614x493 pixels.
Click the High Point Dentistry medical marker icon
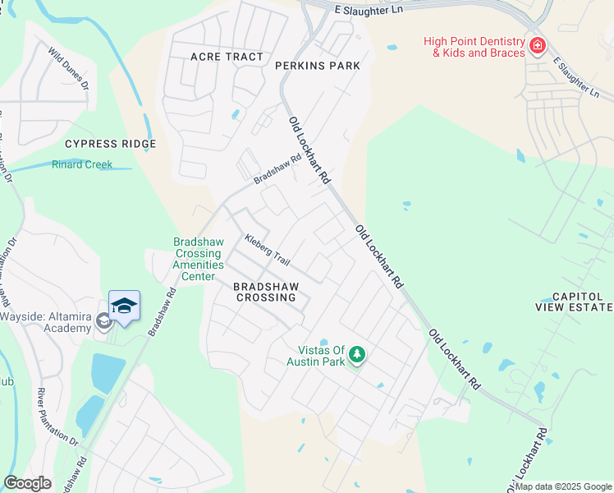coord(538,46)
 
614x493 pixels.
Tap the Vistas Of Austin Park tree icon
coord(356,354)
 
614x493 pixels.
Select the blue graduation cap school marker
coord(124,306)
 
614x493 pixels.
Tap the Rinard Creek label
coord(82,164)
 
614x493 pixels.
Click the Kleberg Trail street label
coord(268,250)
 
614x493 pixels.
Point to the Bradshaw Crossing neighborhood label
coord(265,292)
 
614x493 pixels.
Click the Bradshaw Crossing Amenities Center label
coord(186,259)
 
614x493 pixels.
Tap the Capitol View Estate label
coord(582,302)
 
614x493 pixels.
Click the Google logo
coord(27,483)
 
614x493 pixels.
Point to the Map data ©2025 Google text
coord(563,486)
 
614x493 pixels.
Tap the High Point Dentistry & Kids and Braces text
coord(474,47)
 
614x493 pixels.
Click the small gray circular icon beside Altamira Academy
coord(103,320)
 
